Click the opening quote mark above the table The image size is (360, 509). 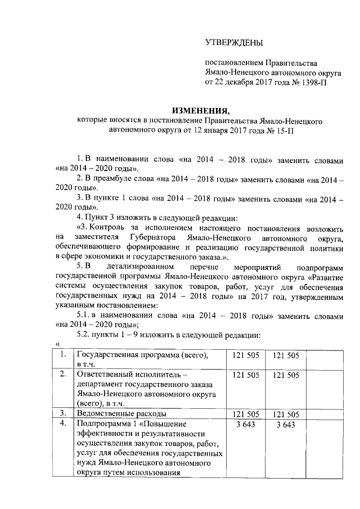[x=57, y=344]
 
